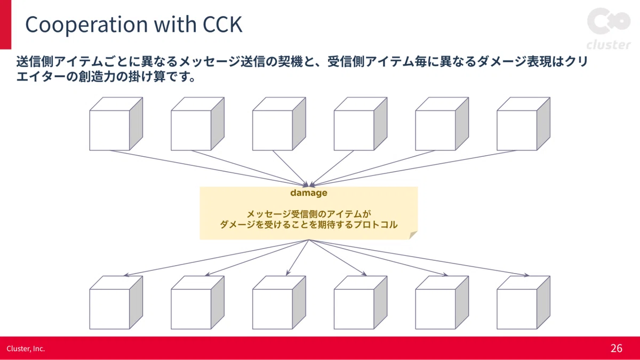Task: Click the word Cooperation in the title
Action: (86, 25)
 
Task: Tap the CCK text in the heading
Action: (222, 24)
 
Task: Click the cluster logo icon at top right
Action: (609, 21)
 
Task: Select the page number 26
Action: (617, 348)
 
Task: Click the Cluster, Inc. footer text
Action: (26, 349)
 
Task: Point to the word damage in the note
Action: (309, 193)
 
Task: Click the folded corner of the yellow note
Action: (413, 235)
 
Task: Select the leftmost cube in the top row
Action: (116, 124)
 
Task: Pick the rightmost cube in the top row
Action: (523, 124)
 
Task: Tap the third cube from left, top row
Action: (279, 124)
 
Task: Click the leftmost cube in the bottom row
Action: (116, 302)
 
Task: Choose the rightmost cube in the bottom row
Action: (523, 302)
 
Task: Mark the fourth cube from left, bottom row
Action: (361, 302)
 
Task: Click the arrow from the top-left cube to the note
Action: (209, 169)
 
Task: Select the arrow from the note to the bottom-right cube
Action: (419, 258)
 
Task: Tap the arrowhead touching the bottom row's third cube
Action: (288, 273)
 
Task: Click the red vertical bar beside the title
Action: (5, 25)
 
